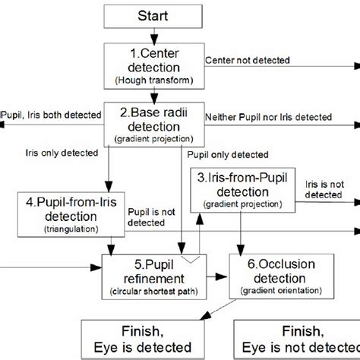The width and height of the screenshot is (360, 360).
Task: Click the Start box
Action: (154, 15)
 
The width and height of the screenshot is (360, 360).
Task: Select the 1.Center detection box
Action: (154, 66)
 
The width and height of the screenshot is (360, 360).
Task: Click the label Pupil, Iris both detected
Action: (51, 115)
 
